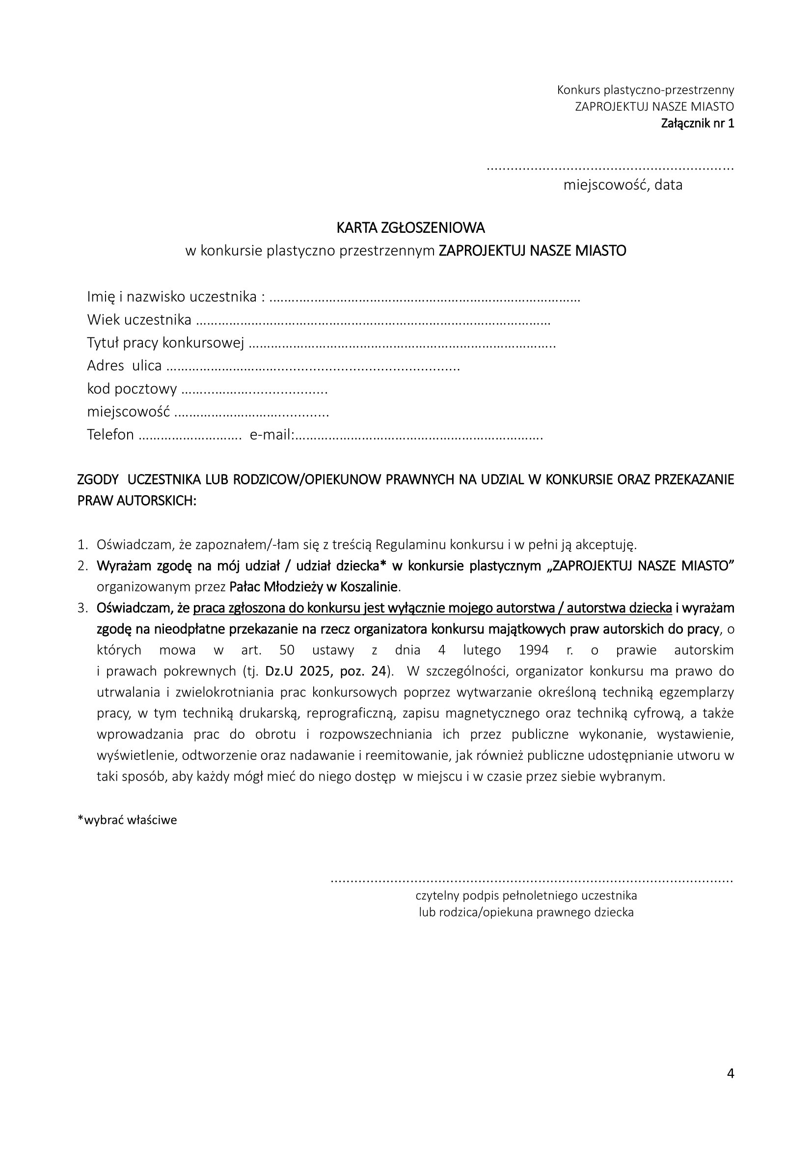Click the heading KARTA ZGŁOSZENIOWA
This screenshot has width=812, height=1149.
pyautogui.click(x=410, y=228)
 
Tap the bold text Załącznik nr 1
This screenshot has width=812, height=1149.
pyautogui.click(x=697, y=123)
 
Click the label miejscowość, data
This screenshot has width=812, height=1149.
pyautogui.click(x=623, y=185)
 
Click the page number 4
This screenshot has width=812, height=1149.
pyautogui.click(x=730, y=1073)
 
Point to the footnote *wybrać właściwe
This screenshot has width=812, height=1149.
pyautogui.click(x=127, y=820)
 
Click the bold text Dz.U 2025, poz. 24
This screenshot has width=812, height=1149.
pyautogui.click(x=327, y=671)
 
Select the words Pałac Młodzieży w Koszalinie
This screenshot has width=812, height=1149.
pyautogui.click(x=314, y=587)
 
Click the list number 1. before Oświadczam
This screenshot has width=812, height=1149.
pyautogui.click(x=82, y=544)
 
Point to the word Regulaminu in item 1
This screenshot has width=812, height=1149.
pyautogui.click(x=411, y=544)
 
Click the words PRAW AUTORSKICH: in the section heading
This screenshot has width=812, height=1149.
pyautogui.click(x=136, y=501)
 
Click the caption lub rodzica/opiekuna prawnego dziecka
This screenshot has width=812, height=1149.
pyautogui.click(x=526, y=912)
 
